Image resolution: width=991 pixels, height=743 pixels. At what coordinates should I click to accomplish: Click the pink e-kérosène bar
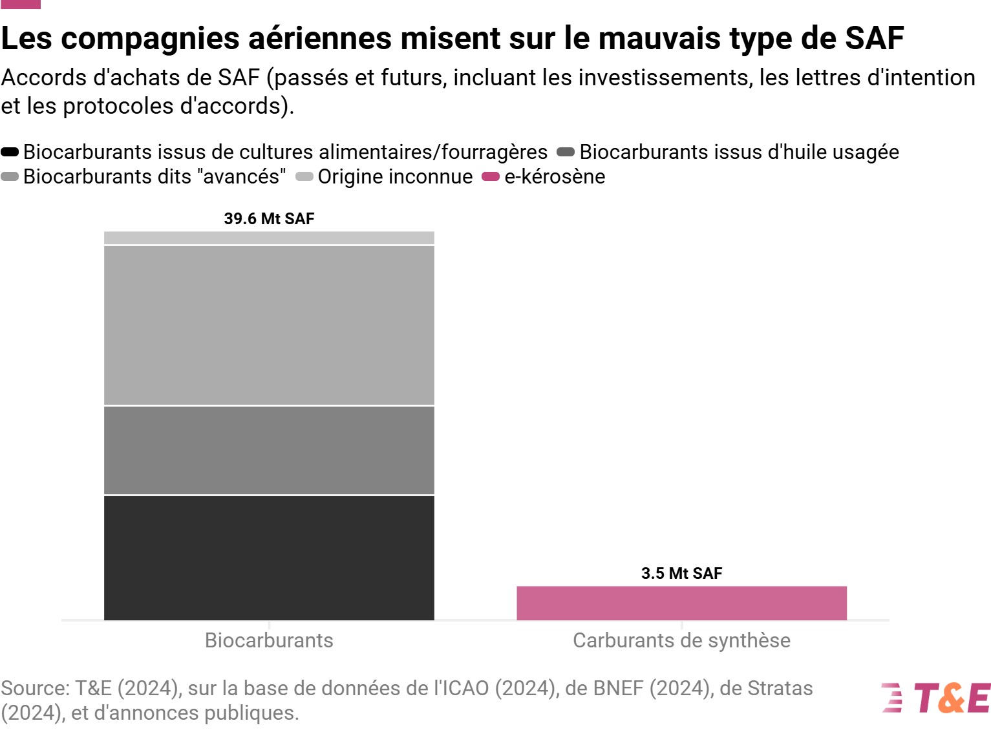point(681,603)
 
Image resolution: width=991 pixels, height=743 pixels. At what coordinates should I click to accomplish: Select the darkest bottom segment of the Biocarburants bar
point(269,558)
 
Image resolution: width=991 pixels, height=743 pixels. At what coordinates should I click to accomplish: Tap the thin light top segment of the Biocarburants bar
point(269,238)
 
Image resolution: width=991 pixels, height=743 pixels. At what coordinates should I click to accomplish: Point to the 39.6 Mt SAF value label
point(269,218)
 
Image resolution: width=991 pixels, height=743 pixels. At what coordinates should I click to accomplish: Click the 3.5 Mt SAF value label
point(681,573)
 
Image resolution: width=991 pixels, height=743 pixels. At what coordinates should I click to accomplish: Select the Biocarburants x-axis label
point(269,640)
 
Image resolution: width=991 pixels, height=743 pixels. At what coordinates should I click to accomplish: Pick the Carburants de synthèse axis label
point(681,640)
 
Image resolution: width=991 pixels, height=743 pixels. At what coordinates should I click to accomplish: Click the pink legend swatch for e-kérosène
point(491,177)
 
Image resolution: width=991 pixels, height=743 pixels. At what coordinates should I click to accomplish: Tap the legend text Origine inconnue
point(395,177)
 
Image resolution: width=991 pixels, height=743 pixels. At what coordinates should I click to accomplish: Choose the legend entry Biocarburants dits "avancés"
point(154,177)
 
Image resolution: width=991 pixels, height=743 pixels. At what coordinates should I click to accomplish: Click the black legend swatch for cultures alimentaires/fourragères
point(10,152)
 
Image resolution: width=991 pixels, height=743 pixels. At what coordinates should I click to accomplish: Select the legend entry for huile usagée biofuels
point(739,152)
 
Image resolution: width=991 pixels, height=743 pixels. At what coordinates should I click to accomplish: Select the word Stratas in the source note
point(780,689)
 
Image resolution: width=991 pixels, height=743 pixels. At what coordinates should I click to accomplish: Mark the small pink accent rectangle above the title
point(20,4)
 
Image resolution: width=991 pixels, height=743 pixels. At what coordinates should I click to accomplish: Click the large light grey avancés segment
point(269,325)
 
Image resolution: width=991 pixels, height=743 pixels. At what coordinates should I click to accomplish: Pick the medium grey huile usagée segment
point(269,450)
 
